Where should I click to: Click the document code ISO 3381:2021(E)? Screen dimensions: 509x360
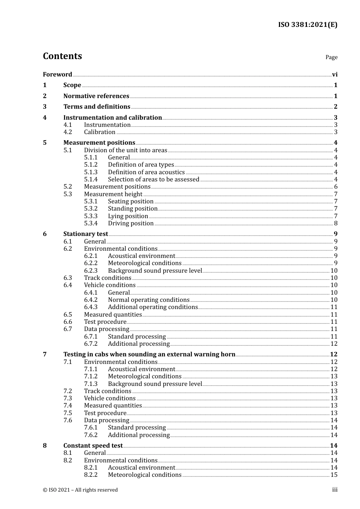[307, 25]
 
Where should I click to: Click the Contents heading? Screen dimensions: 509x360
[62, 56]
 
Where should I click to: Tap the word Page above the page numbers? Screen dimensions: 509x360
[331, 57]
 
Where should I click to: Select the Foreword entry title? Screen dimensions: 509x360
[57, 75]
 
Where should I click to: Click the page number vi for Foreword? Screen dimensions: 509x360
[335, 75]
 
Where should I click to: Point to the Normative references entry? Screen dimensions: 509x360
[96, 96]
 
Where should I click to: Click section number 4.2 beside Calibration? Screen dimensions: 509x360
[67, 132]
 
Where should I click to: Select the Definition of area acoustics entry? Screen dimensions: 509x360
[146, 172]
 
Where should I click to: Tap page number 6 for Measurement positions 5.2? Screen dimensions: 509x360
[336, 187]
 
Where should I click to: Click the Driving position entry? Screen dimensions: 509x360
[131, 223]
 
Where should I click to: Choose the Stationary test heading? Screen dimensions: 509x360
[86, 234]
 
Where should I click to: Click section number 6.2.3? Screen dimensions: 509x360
[91, 271]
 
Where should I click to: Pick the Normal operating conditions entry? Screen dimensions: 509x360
[149, 300]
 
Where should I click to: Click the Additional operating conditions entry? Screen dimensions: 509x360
[153, 307]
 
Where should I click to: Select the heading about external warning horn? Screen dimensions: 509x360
[149, 354]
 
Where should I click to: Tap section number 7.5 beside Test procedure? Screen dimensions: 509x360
[67, 413]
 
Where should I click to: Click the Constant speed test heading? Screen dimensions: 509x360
[93, 446]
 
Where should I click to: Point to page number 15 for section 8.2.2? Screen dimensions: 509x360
[334, 475]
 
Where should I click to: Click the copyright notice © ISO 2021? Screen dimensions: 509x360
[80, 490]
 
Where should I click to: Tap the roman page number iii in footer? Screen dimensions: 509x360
[335, 490]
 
